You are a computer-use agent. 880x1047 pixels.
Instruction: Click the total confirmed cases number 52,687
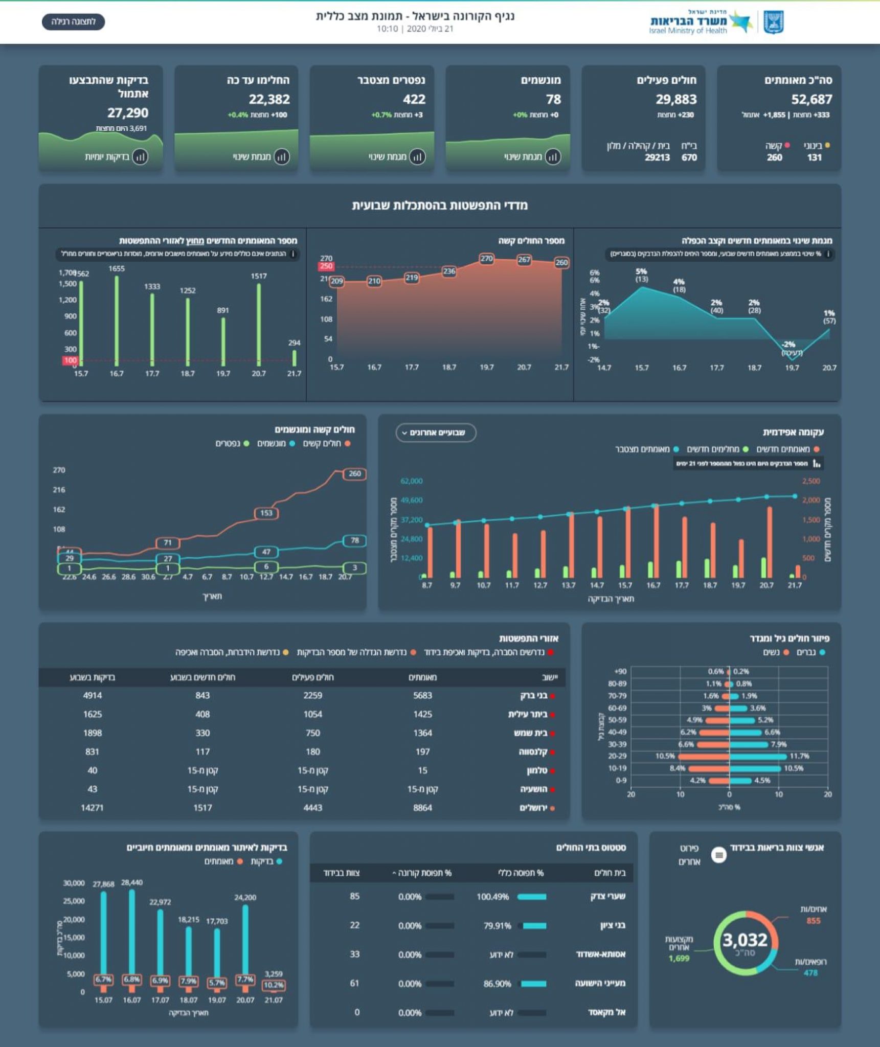[811, 99]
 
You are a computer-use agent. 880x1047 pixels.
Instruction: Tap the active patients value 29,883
[676, 99]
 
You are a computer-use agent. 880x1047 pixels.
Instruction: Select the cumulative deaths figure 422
[414, 99]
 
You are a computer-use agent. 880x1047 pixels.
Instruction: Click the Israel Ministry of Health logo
[716, 22]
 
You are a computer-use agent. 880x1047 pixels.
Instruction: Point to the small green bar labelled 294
[294, 357]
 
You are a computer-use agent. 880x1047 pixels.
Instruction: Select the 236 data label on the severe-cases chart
[449, 271]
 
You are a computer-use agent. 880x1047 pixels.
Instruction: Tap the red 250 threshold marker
[326, 266]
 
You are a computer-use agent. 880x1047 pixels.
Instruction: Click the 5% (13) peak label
[641, 275]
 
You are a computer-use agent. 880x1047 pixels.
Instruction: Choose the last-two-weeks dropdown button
[436, 433]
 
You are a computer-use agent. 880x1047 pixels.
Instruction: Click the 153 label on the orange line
[266, 513]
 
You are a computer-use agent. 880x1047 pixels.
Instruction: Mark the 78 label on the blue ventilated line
[354, 540]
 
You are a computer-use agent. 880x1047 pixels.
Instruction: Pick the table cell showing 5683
[422, 695]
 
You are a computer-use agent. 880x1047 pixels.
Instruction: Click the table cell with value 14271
[92, 808]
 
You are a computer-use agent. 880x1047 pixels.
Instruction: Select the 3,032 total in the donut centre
[744, 940]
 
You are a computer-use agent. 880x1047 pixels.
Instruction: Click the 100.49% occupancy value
[492, 897]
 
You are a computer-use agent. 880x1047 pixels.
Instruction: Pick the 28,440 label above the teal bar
[132, 882]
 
